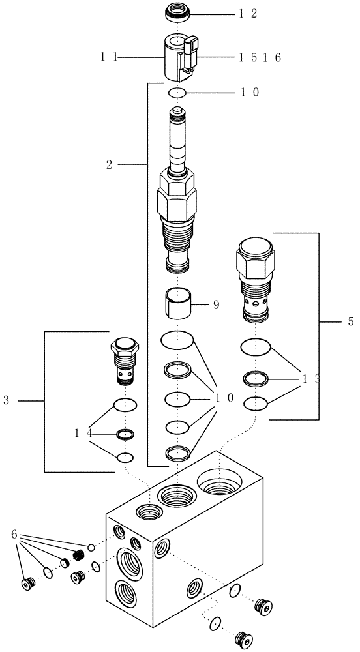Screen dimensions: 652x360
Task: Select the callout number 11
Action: coord(108,57)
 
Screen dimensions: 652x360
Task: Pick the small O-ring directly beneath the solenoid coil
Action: coord(177,93)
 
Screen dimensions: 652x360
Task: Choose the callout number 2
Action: coord(110,166)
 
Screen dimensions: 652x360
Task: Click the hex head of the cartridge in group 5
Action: coord(256,256)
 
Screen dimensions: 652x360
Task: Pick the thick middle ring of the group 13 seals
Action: coord(255,378)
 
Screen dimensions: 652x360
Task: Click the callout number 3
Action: coord(7,400)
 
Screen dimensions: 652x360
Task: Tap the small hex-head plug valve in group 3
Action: coord(125,361)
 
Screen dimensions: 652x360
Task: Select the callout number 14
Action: coord(82,432)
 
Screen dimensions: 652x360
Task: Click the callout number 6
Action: coord(14,534)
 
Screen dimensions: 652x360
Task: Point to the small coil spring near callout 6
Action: coord(78,556)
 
